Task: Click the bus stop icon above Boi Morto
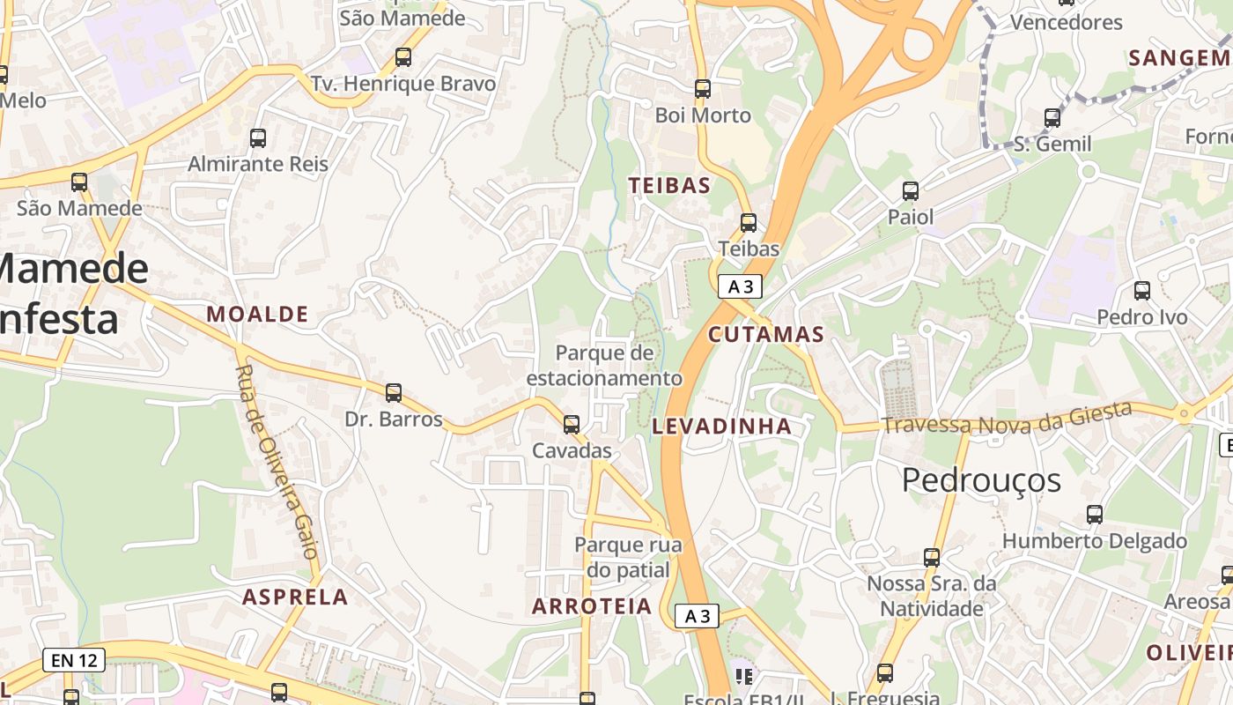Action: pyautogui.click(x=702, y=89)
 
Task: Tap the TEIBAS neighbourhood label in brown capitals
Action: pyautogui.click(x=669, y=185)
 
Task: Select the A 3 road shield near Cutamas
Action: pyautogui.click(x=739, y=286)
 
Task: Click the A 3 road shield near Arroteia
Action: pyautogui.click(x=697, y=616)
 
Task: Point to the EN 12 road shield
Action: pyautogui.click(x=74, y=659)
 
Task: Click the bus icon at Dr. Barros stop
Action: pyautogui.click(x=394, y=393)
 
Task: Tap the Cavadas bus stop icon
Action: pyautogui.click(x=572, y=425)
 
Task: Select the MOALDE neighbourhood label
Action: pyautogui.click(x=257, y=314)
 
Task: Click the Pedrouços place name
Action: pyautogui.click(x=981, y=480)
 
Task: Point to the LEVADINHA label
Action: pyautogui.click(x=722, y=427)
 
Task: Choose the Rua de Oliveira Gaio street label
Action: pyautogui.click(x=277, y=463)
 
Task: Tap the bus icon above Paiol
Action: pyautogui.click(x=911, y=190)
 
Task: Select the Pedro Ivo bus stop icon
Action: pyautogui.click(x=1142, y=290)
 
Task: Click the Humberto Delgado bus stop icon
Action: pyautogui.click(x=1095, y=514)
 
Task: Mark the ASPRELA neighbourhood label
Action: pyautogui.click(x=295, y=597)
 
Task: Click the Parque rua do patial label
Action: pyautogui.click(x=628, y=557)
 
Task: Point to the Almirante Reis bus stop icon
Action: pyautogui.click(x=258, y=137)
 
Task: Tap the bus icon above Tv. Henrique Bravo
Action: pyautogui.click(x=403, y=57)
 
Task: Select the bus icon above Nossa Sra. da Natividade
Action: pyautogui.click(x=932, y=557)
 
